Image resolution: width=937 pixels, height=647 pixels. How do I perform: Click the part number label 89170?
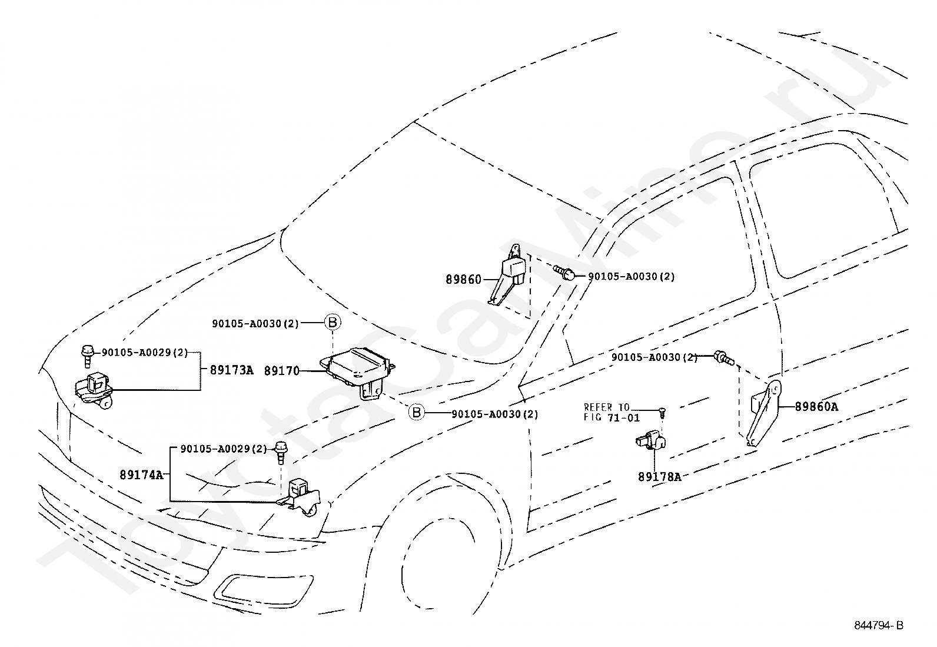pyautogui.click(x=281, y=371)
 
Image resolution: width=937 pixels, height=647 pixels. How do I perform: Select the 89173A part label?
pyautogui.click(x=231, y=370)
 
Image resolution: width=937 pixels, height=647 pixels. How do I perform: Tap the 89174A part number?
pyautogui.click(x=141, y=475)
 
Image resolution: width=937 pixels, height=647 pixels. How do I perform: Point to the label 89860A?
pyautogui.click(x=816, y=406)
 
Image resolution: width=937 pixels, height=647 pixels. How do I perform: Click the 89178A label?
pyautogui.click(x=659, y=477)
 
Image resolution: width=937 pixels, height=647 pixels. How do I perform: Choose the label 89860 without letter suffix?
pyautogui.click(x=463, y=279)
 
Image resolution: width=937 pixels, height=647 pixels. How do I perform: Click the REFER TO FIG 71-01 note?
pyautogui.click(x=611, y=412)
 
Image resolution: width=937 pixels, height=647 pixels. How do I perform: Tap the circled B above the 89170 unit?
pyautogui.click(x=333, y=322)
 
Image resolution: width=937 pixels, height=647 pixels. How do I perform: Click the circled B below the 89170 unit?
pyautogui.click(x=416, y=412)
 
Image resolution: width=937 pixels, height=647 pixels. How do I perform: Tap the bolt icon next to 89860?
pyautogui.click(x=563, y=271)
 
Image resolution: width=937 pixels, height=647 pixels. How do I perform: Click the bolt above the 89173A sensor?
pyautogui.click(x=88, y=356)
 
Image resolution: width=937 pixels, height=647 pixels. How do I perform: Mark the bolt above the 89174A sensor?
pyautogui.click(x=281, y=452)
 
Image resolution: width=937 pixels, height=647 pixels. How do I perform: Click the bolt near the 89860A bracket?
pyautogui.click(x=724, y=357)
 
